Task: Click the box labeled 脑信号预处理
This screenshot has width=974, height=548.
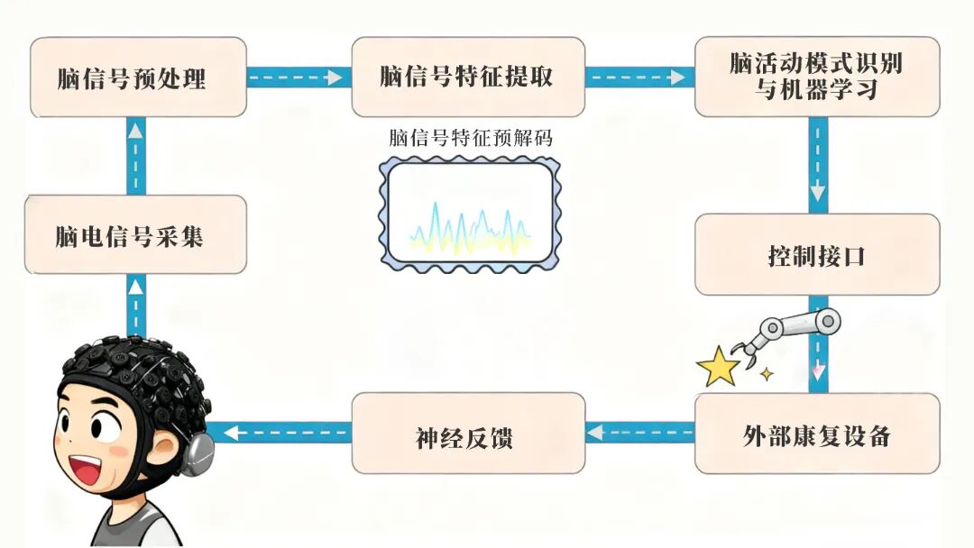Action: (x=137, y=78)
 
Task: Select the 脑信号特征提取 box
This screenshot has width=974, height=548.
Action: (x=467, y=78)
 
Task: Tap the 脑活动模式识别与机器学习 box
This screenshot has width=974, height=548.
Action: (x=816, y=77)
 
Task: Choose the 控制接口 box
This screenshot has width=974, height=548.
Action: (x=816, y=255)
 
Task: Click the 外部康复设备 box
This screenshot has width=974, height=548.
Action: (x=816, y=435)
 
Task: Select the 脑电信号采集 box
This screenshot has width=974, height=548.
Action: (x=135, y=235)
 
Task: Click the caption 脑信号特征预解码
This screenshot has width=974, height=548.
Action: (x=470, y=139)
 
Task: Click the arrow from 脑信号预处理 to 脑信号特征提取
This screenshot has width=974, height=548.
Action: (x=298, y=78)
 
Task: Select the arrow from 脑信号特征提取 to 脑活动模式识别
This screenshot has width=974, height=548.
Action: (x=639, y=78)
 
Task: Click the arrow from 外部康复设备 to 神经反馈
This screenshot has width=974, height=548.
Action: (x=639, y=433)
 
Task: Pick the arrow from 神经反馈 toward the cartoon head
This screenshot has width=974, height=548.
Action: (x=283, y=433)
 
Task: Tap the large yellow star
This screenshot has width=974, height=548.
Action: (x=718, y=368)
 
